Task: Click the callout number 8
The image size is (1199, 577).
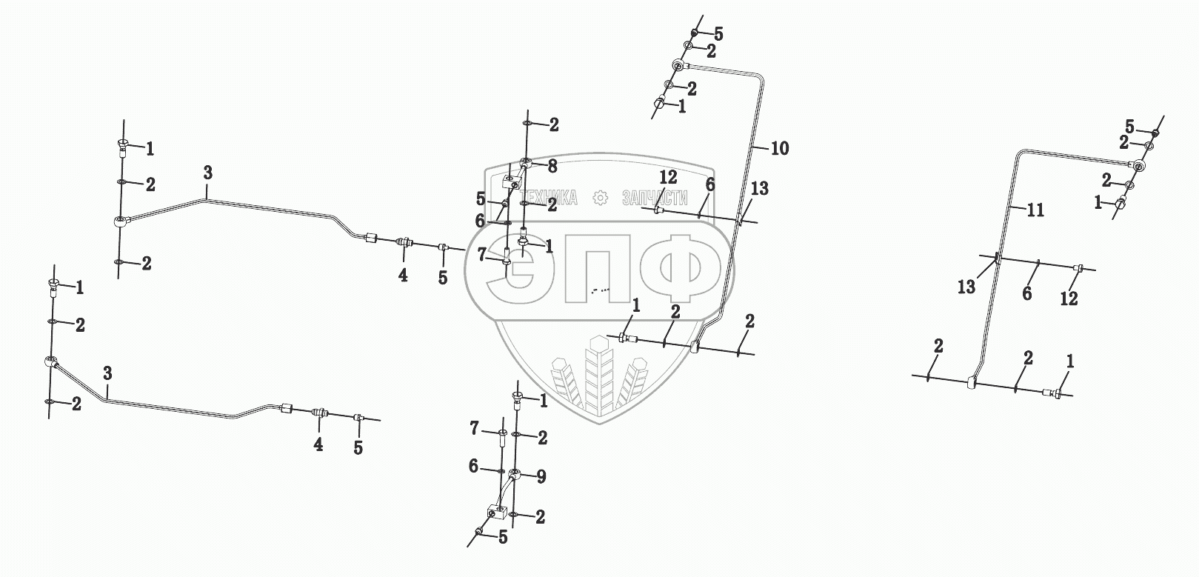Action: pos(552,167)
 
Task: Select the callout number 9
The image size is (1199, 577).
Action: pos(541,477)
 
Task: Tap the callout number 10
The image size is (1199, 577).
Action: pos(779,148)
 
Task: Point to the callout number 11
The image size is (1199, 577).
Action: pos(1035,210)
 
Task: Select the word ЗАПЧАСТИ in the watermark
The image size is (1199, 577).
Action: pos(655,198)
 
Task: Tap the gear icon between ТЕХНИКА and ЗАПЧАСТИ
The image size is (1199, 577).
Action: pos(601,198)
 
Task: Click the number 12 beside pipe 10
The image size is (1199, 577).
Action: pos(669,177)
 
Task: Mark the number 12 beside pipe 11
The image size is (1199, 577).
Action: pos(1068,298)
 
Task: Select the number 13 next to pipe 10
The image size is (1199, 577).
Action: pos(760,190)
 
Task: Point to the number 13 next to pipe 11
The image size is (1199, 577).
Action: pos(966,287)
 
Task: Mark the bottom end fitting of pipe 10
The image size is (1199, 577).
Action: pos(696,345)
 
